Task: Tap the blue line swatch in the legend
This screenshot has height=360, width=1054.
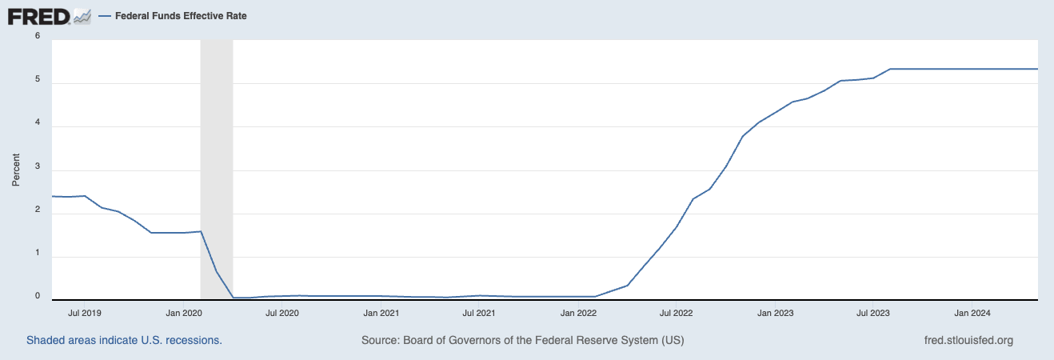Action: [x=106, y=16]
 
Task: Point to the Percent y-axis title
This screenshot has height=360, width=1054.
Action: [x=16, y=170]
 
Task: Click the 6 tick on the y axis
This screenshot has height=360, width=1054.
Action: [x=38, y=35]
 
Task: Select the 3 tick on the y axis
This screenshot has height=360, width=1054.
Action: [x=38, y=170]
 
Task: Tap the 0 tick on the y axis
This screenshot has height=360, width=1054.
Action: [x=38, y=296]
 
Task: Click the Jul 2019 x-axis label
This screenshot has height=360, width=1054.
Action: [x=84, y=313]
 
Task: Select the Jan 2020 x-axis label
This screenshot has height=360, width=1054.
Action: [x=183, y=313]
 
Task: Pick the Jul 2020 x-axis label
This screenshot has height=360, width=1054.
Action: [x=281, y=313]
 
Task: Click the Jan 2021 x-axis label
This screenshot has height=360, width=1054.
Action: [x=381, y=313]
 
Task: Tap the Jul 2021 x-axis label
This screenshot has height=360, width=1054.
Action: [x=479, y=313]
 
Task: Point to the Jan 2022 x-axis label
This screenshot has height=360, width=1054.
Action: [x=578, y=313]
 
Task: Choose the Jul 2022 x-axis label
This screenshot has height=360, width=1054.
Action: [x=677, y=313]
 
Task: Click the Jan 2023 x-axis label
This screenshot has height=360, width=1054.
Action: [x=776, y=313]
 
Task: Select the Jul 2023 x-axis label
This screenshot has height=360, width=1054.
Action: [x=873, y=313]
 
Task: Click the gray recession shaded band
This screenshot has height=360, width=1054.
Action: [x=216, y=160]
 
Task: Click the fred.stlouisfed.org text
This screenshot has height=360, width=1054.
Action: [x=968, y=340]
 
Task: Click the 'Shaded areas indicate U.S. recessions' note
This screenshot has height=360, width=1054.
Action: [x=124, y=340]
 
